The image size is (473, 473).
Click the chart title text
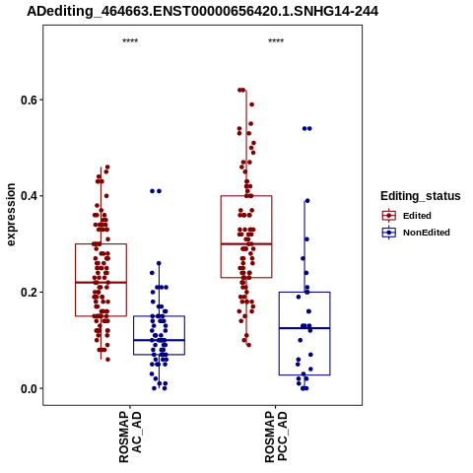202,11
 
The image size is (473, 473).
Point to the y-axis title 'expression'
11,215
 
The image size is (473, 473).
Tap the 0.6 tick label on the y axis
28,101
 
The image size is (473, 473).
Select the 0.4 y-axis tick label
28,196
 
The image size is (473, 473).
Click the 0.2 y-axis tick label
28,293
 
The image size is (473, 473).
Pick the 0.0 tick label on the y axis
28,388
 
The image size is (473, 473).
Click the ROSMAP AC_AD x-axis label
130,437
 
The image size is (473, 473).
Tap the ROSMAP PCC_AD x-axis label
276,437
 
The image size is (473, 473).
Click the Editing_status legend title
421,196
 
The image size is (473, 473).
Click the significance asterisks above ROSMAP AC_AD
130,41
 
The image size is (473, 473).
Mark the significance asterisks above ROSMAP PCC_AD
276,41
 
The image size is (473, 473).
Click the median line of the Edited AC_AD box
101,283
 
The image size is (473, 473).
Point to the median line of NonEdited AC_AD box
159,340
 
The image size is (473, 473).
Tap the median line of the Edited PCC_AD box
246,243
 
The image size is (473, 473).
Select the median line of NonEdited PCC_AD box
304,328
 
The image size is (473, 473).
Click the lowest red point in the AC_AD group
107,360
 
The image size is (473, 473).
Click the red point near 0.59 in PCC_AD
251,104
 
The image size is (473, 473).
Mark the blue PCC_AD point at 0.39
307,201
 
